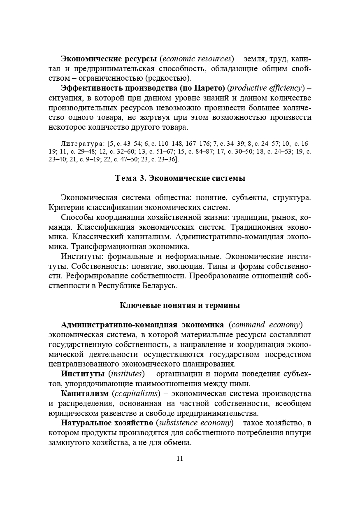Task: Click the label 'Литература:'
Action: (82, 144)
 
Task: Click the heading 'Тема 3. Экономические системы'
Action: (180, 178)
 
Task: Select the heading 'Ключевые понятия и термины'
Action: (180, 306)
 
